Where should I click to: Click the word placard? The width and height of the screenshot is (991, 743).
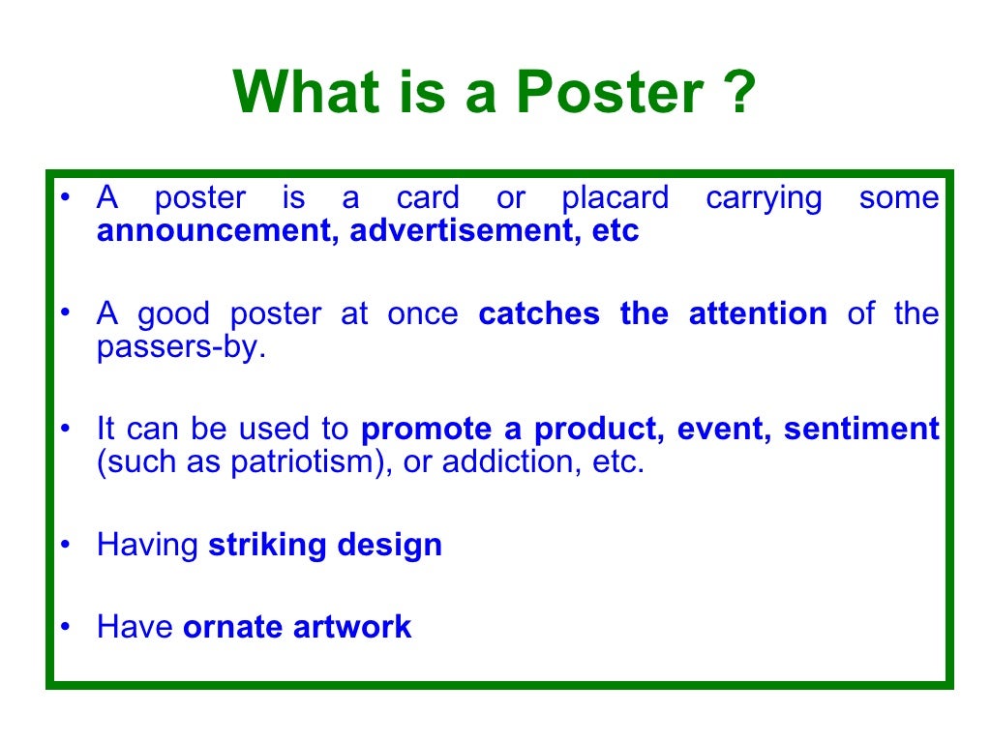[616, 198]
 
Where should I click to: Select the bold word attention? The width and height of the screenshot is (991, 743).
[758, 313]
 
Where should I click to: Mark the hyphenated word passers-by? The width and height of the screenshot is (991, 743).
[180, 348]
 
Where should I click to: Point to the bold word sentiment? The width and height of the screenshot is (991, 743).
[861, 429]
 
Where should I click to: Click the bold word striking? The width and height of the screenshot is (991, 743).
[268, 545]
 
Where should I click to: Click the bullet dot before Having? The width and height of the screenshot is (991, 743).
[65, 546]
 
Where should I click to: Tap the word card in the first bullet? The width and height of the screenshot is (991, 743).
[428, 198]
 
